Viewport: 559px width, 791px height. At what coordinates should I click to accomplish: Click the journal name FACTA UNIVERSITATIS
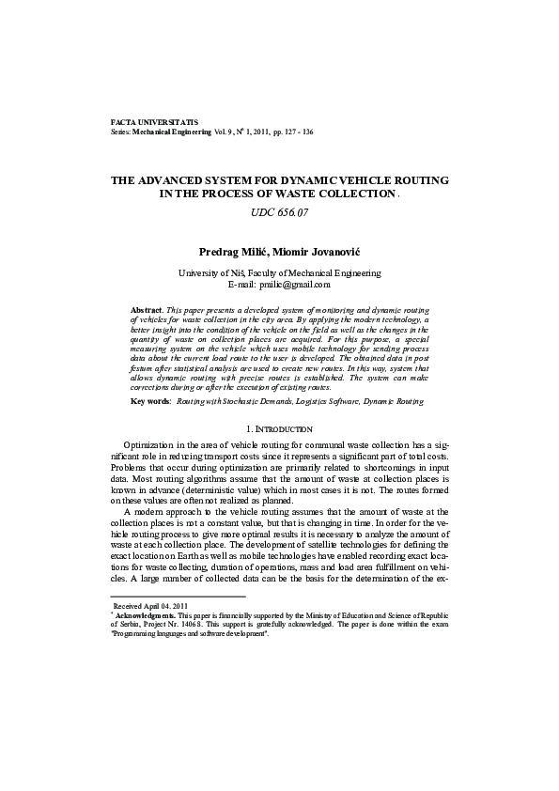pos(153,123)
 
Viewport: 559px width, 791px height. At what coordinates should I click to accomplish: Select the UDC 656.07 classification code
pos(279,212)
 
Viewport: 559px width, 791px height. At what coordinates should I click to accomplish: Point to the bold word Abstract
pos(147,309)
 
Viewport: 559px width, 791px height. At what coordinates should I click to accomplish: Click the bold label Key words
pos(150,400)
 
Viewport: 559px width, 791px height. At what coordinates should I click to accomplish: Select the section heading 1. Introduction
pos(279,429)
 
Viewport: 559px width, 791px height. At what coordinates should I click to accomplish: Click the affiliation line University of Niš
pos(279,272)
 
